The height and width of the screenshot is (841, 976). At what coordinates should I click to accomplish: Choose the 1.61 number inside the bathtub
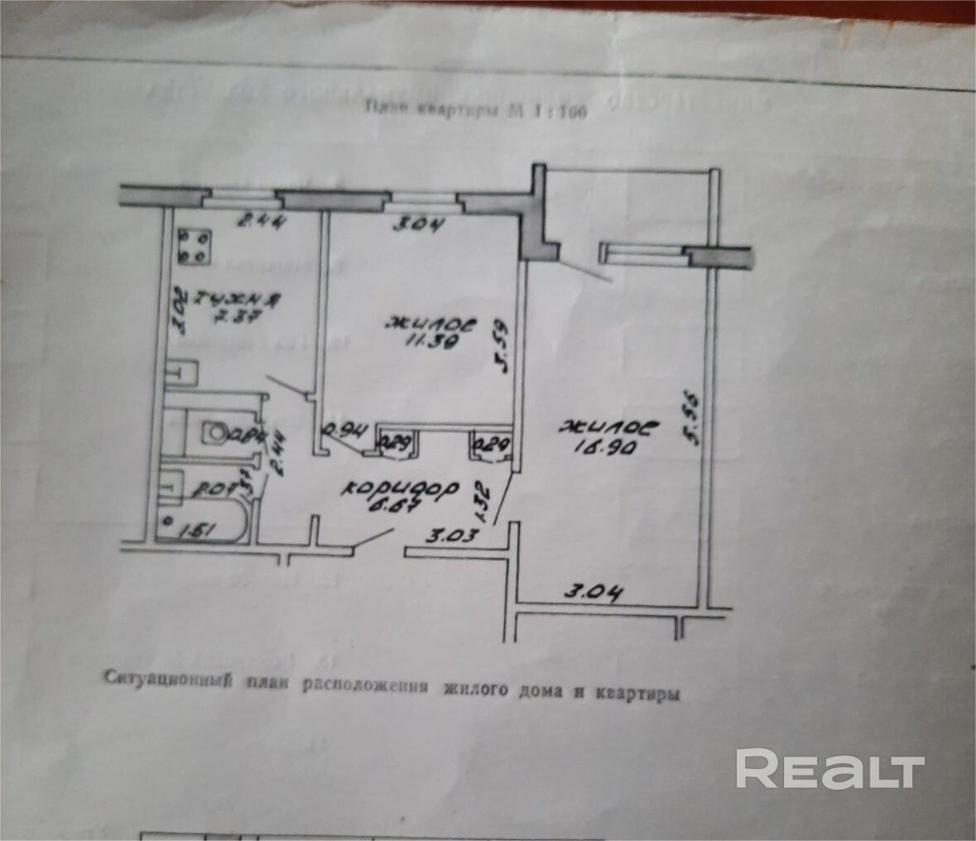pos(196,529)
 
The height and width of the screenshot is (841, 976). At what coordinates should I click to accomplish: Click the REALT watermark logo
pos(829,770)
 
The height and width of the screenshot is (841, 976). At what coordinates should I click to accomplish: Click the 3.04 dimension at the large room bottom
pos(592,593)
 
